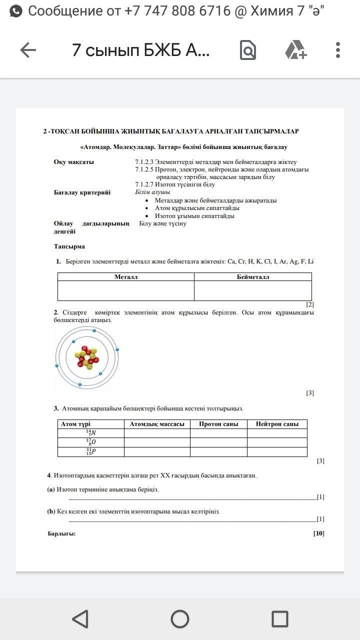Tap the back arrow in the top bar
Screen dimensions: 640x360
28,50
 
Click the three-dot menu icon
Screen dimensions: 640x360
338,50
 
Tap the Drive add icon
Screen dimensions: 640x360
295,50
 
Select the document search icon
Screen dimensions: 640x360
248,50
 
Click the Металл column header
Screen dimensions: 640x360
126,276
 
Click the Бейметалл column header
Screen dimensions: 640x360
253,276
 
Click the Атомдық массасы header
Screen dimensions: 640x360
157,424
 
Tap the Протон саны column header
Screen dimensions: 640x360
218,424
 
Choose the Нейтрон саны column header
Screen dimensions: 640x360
277,424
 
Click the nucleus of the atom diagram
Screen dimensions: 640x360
87,357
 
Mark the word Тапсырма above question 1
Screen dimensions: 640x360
69,246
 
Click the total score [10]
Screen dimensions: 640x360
318,533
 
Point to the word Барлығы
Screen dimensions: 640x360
61,533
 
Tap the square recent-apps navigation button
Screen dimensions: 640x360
279,619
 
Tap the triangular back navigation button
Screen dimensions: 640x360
80,619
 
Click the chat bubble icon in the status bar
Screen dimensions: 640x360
16,11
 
